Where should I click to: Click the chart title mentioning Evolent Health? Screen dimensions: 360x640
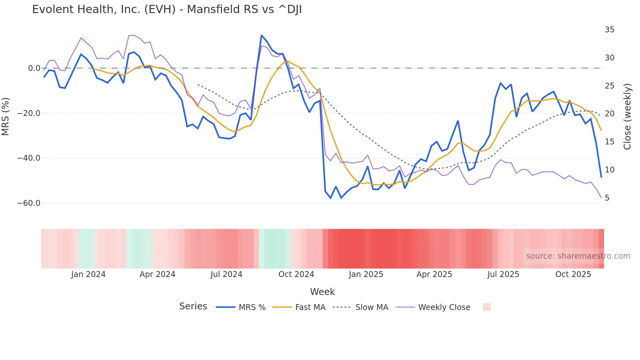coord(167,9)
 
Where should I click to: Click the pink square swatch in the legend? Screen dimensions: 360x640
coord(487,307)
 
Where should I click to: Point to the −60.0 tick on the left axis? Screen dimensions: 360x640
coord(29,203)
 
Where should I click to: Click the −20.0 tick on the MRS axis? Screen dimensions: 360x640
coord(29,113)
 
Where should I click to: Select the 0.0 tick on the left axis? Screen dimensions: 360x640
coord(34,68)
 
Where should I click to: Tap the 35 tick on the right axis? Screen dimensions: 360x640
coord(609,30)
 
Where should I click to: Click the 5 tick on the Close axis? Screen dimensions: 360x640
coord(607,198)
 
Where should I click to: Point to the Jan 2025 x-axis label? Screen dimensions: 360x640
coord(366,274)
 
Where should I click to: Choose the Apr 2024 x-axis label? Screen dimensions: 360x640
coord(157,274)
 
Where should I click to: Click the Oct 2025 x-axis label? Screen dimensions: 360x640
coord(573,274)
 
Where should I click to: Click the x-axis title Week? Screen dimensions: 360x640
coord(322,292)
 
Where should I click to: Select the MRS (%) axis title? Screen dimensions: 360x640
coord(6,116)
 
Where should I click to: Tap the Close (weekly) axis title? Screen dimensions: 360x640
coord(627,117)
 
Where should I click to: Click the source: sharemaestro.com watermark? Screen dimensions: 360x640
coord(578,256)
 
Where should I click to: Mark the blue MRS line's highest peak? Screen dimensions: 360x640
coord(262,35)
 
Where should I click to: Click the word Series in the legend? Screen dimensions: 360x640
coord(193,306)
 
